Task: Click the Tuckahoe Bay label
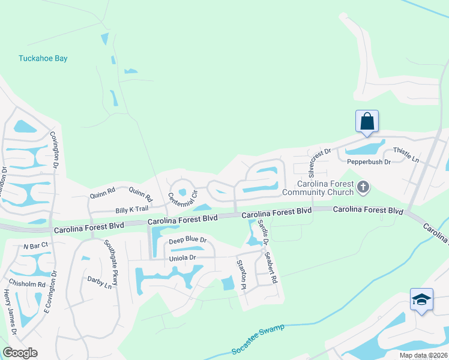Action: click(x=43, y=59)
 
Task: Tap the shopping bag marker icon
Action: click(x=367, y=121)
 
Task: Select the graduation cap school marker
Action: click(x=421, y=299)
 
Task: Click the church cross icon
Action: click(x=362, y=188)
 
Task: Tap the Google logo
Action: click(x=20, y=353)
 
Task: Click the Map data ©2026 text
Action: click(x=424, y=355)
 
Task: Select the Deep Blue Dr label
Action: click(x=187, y=241)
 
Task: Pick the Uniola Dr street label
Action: click(x=182, y=258)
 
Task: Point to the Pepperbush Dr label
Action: click(x=369, y=162)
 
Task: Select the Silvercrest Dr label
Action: click(x=319, y=158)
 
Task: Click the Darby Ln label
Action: click(x=100, y=283)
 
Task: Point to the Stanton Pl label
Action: click(x=242, y=275)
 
